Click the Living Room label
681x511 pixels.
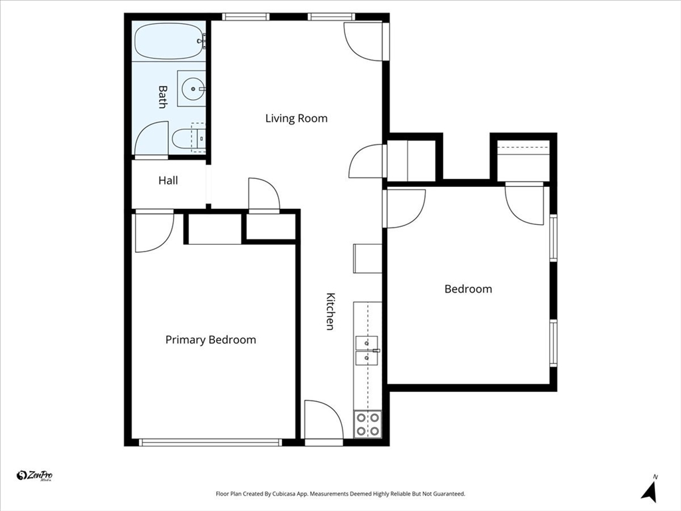[x=296, y=118]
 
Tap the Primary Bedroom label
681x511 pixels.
[x=211, y=340]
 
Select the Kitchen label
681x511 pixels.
[x=330, y=311]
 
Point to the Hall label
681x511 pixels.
[x=168, y=180]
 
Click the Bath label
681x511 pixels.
[x=162, y=96]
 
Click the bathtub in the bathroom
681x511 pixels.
[x=169, y=41]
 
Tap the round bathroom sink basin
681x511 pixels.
[x=194, y=89]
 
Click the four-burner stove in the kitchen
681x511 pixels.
[x=367, y=424]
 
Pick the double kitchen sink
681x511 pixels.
[x=367, y=350]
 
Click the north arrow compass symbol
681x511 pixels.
[x=650, y=490]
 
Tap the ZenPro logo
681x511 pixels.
[x=35, y=476]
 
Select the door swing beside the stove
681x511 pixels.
[x=324, y=420]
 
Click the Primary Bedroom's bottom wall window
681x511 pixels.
[x=210, y=442]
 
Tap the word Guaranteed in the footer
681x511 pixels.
[x=450, y=494]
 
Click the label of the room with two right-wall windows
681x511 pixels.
[x=468, y=289]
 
